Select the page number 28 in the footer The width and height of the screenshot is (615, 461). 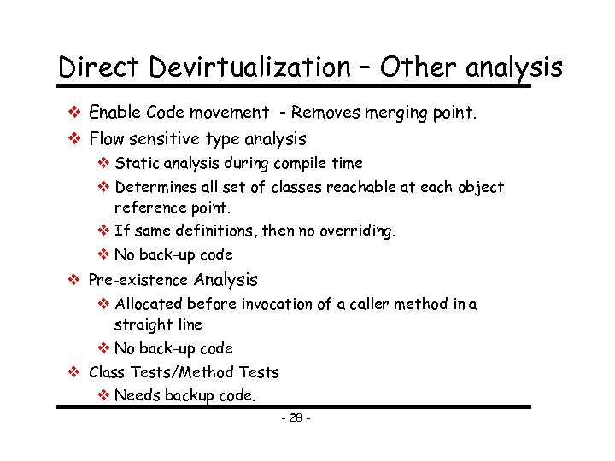[296, 418]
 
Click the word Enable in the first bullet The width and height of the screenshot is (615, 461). [114, 112]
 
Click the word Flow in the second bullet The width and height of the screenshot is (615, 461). [108, 138]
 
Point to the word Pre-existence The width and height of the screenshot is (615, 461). [139, 280]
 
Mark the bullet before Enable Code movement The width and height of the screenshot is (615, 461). [74, 112]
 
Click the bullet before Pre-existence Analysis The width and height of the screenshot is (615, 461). [74, 280]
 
